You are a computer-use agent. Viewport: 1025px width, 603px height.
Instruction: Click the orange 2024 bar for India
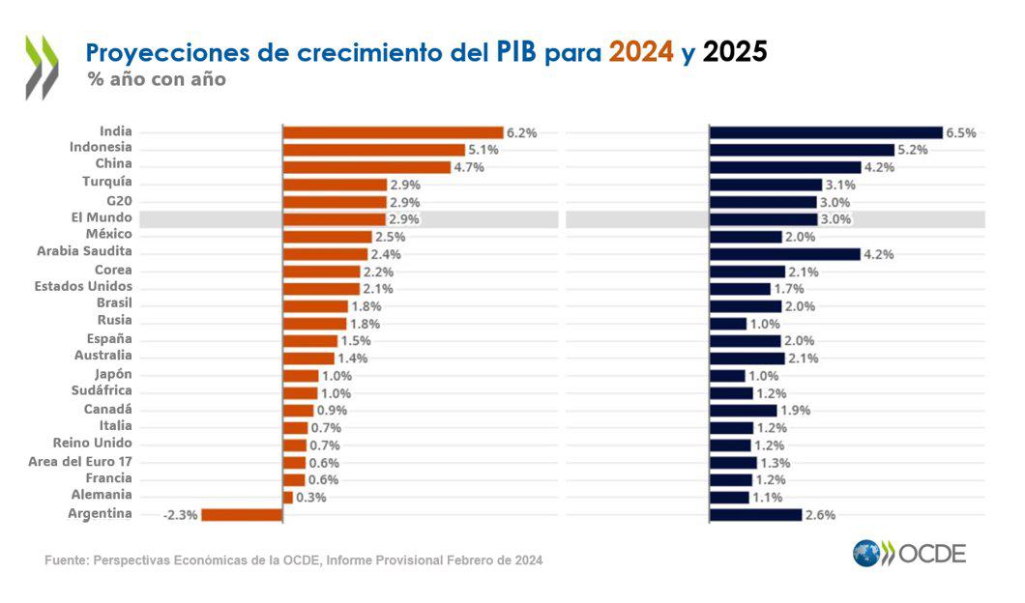pyautogui.click(x=393, y=132)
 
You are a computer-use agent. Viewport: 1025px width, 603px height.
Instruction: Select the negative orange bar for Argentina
pyautogui.click(x=241, y=514)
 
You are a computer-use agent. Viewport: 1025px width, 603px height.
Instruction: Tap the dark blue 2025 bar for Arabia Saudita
pyautogui.click(x=784, y=254)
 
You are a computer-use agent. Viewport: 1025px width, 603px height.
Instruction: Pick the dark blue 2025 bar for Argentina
pyautogui.click(x=755, y=514)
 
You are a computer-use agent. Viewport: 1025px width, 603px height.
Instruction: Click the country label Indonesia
pyautogui.click(x=101, y=148)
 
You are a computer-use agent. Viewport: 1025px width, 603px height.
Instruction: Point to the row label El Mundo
pyautogui.click(x=102, y=218)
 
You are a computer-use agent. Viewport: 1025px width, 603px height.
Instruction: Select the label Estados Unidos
pyautogui.click(x=83, y=287)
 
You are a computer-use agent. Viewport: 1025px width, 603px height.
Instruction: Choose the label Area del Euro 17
pyautogui.click(x=80, y=462)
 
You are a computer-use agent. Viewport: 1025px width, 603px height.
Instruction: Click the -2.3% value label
pyautogui.click(x=180, y=515)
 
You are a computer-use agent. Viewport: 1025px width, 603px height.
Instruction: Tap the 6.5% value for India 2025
pyautogui.click(x=960, y=133)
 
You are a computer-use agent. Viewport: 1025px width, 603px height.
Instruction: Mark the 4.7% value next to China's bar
pyautogui.click(x=468, y=167)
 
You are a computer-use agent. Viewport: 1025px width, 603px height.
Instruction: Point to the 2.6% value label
pyautogui.click(x=819, y=515)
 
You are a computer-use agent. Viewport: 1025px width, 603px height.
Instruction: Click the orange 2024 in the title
pyautogui.click(x=640, y=52)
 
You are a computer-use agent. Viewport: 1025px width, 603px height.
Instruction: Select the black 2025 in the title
pyautogui.click(x=735, y=52)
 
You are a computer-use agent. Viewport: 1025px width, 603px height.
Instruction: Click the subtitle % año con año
pyautogui.click(x=156, y=80)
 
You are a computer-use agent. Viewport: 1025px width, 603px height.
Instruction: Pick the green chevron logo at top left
pyautogui.click(x=42, y=67)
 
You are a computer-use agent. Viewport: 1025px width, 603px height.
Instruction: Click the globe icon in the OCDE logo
pyautogui.click(x=866, y=553)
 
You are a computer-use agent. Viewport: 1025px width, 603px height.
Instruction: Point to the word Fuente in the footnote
pyautogui.click(x=66, y=560)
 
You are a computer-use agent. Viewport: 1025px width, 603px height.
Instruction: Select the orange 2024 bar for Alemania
pyautogui.click(x=287, y=497)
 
